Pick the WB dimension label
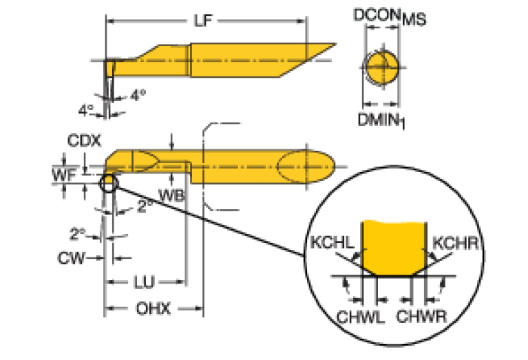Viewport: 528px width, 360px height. [170, 195]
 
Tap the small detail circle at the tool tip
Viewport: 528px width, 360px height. [108, 184]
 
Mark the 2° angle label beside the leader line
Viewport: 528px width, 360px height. [143, 206]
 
